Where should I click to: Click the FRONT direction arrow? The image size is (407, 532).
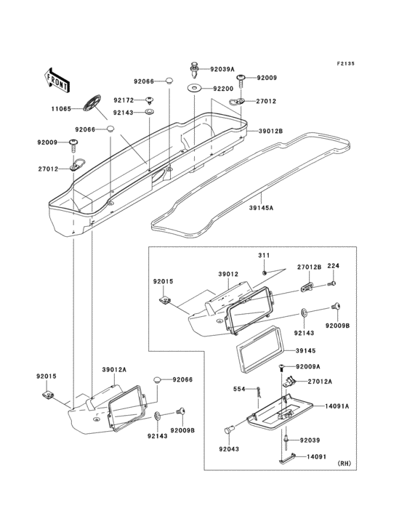pyautogui.click(x=57, y=81)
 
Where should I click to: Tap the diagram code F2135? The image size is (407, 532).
pyautogui.click(x=346, y=63)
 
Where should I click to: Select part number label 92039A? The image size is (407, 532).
pyautogui.click(x=222, y=69)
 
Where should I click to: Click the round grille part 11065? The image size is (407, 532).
pyautogui.click(x=92, y=102)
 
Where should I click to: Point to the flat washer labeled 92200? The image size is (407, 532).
pyautogui.click(x=194, y=89)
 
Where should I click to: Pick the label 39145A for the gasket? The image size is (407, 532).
pyautogui.click(x=261, y=208)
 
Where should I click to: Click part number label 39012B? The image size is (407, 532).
pyautogui.click(x=270, y=131)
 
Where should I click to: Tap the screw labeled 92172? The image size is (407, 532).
pyautogui.click(x=149, y=100)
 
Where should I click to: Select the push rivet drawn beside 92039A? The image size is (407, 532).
pyautogui.click(x=194, y=70)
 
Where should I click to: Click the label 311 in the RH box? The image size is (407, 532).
pyautogui.click(x=264, y=255)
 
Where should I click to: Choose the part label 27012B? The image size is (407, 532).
pyautogui.click(x=310, y=267)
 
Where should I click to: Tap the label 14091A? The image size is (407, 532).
pyautogui.click(x=337, y=406)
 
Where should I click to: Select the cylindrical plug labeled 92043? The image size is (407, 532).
pyautogui.click(x=228, y=430)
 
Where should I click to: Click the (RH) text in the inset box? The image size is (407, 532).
pyautogui.click(x=344, y=463)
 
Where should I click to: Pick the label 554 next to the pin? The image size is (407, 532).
pyautogui.click(x=239, y=389)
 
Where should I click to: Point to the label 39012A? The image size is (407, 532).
pyautogui.click(x=114, y=369)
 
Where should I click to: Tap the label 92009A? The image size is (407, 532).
pyautogui.click(x=308, y=366)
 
